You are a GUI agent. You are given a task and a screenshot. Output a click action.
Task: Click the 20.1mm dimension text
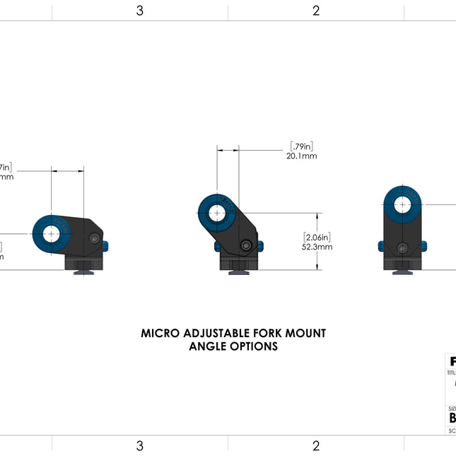[x=301, y=156]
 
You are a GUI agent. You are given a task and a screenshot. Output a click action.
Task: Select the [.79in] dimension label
[x=301, y=146]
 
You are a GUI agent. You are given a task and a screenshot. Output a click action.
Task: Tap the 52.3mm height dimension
[x=317, y=247]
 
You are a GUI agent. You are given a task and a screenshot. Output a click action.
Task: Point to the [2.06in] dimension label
[x=317, y=237]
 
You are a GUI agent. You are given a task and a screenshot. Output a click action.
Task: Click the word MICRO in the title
[x=160, y=333]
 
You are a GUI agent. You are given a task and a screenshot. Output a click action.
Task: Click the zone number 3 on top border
[x=140, y=11]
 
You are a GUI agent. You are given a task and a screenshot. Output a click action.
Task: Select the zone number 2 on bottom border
[x=316, y=445]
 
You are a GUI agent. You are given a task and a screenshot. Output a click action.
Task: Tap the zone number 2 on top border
[x=316, y=11]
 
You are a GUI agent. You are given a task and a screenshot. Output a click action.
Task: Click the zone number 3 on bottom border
[x=140, y=445]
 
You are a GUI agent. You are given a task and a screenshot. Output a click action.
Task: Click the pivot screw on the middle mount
[x=245, y=246]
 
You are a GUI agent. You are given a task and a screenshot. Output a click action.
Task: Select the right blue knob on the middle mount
[x=260, y=246]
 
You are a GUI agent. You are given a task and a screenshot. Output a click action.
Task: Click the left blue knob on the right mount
[x=380, y=246]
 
